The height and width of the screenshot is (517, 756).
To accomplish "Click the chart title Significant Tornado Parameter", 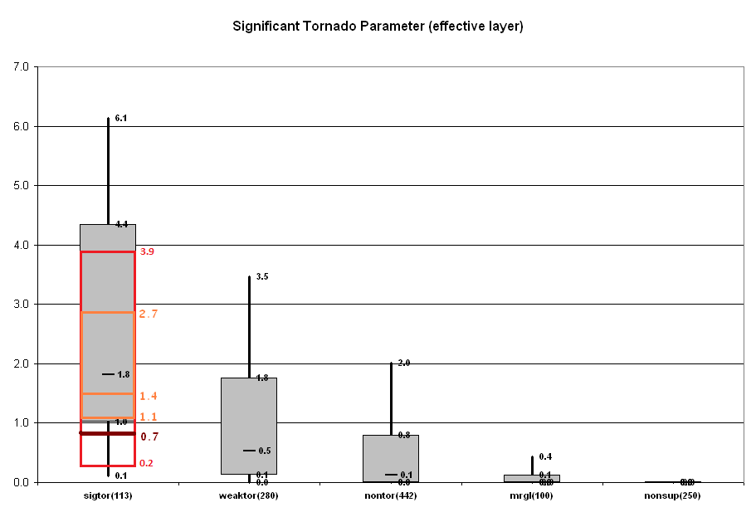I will click(x=378, y=27).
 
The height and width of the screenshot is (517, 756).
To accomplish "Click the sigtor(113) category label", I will click(x=108, y=495).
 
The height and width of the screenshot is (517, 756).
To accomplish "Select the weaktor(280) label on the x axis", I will click(x=249, y=495).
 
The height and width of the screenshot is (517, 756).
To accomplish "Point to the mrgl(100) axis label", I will click(x=532, y=495).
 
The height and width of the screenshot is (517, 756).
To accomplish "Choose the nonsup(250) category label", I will click(x=673, y=495).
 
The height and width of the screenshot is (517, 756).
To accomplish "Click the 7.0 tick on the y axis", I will click(x=22, y=66).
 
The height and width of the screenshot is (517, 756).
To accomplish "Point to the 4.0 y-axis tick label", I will click(x=22, y=245).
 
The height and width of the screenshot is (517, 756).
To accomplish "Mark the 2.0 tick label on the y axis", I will click(x=22, y=363).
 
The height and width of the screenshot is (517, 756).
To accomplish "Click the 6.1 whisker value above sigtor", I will click(x=120, y=119).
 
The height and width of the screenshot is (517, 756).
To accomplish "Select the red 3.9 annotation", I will click(x=148, y=251).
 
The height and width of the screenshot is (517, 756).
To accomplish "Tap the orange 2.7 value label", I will click(x=149, y=314).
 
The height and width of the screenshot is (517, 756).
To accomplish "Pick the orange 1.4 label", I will click(x=149, y=397).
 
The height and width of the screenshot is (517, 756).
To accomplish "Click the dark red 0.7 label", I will click(x=149, y=437).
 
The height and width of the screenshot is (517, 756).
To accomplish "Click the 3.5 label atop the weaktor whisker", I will click(x=262, y=276).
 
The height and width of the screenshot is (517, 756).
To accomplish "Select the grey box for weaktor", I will click(x=249, y=415).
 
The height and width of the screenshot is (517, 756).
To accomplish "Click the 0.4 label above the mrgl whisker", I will click(x=545, y=456).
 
